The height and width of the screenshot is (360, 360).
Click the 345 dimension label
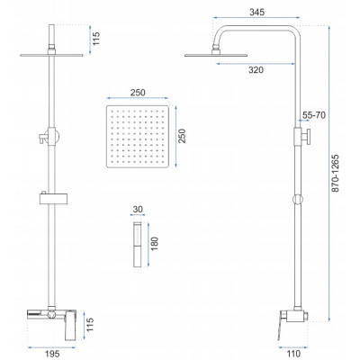(256, 13)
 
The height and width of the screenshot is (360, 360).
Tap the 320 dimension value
(256, 70)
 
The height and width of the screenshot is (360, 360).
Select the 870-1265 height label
(335, 173)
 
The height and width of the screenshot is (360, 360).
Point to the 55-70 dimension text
(314, 115)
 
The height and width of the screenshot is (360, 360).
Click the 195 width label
(51, 354)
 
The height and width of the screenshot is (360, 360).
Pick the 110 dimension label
(292, 354)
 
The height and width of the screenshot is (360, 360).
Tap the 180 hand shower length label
(155, 244)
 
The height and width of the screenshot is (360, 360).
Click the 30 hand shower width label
(138, 209)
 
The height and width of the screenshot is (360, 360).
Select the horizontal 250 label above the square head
(138, 93)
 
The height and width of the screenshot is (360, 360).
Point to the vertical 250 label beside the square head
(182, 136)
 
